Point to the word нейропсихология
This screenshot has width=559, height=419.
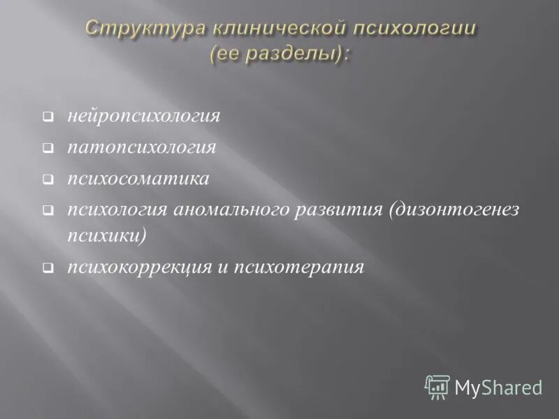coord(144,115)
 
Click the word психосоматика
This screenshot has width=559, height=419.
coord(138,179)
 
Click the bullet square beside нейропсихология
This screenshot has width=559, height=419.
coord(47,117)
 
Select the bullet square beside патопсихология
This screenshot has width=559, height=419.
coord(47,148)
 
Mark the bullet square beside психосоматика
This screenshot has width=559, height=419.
coord(47,179)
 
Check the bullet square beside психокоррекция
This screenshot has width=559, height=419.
coord(47,268)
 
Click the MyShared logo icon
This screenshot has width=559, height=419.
coord(437,386)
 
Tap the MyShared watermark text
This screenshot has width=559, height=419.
coord(498,387)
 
